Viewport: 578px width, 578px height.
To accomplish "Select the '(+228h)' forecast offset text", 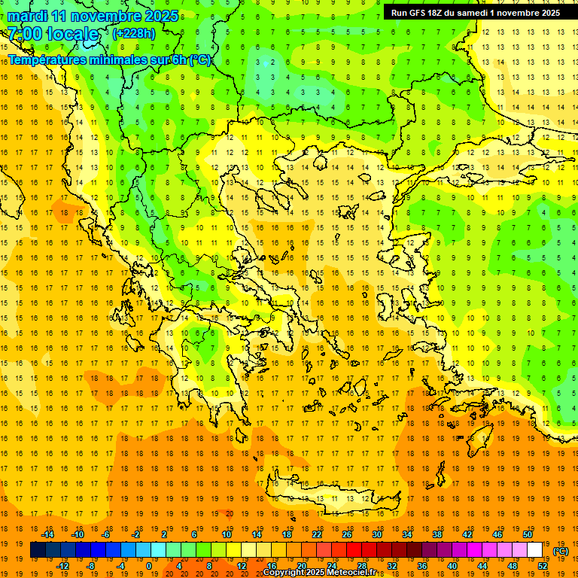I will click(x=134, y=34).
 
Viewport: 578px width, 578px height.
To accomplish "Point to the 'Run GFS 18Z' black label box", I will click(x=475, y=13).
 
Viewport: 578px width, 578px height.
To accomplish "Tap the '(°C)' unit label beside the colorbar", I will click(x=560, y=551).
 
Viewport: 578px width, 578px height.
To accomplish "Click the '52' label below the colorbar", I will click(x=543, y=566).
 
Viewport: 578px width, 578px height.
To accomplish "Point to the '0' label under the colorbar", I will click(x=149, y=566).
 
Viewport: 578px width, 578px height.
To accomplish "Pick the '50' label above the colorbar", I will click(x=528, y=534).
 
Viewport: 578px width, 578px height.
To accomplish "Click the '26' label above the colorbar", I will click(x=347, y=534).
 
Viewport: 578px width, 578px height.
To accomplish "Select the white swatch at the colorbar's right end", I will click(x=535, y=550).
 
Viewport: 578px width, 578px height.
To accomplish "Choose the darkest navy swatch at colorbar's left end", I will click(x=38, y=550).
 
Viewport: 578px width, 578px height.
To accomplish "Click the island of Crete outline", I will click(x=331, y=497).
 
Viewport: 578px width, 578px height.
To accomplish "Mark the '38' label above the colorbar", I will click(x=437, y=534).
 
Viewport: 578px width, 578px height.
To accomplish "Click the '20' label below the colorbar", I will click(x=302, y=566).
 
